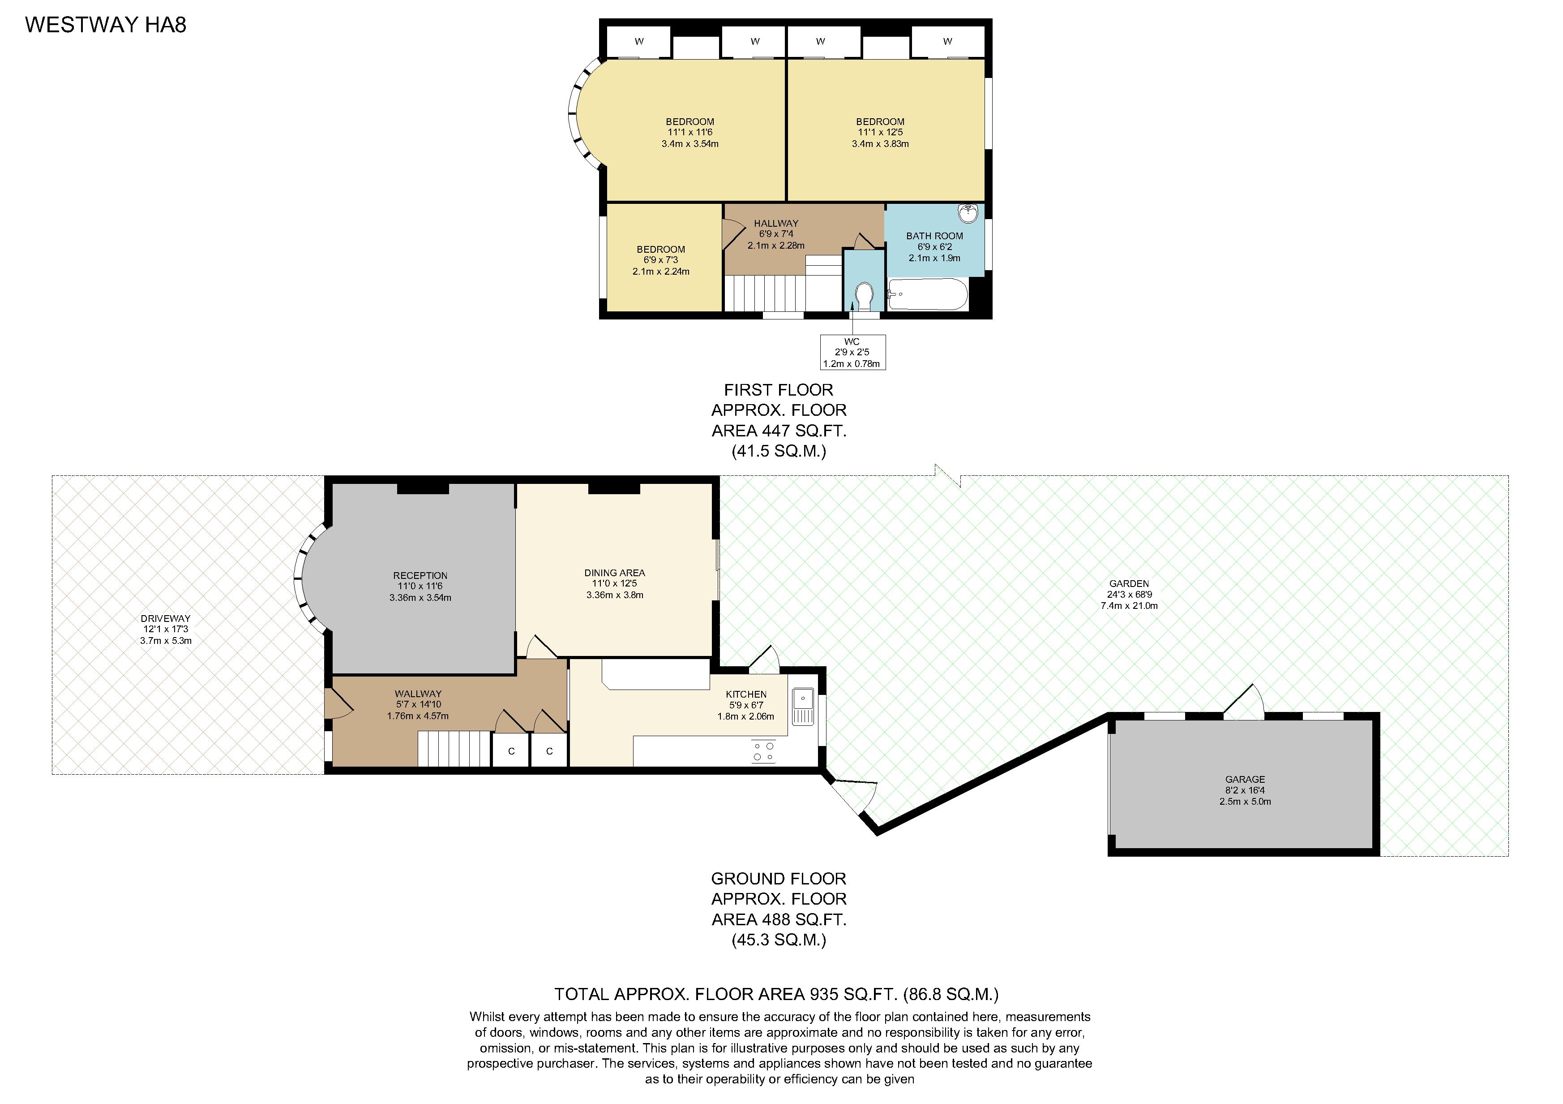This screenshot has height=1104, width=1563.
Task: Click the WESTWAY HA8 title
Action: click(106, 25)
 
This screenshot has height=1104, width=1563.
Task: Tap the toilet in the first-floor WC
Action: click(864, 296)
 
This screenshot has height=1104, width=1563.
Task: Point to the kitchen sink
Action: click(803, 707)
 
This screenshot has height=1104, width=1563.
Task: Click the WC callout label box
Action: click(852, 352)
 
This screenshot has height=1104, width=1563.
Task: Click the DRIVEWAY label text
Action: click(166, 618)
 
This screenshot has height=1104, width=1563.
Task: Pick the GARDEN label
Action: click(1129, 584)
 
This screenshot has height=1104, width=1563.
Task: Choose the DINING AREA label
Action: click(615, 573)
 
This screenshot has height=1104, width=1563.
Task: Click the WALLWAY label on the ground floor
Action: click(418, 694)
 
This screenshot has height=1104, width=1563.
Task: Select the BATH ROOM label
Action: click(935, 236)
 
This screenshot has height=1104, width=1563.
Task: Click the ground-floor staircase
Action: click(454, 749)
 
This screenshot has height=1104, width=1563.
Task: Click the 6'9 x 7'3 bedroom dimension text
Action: click(661, 260)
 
